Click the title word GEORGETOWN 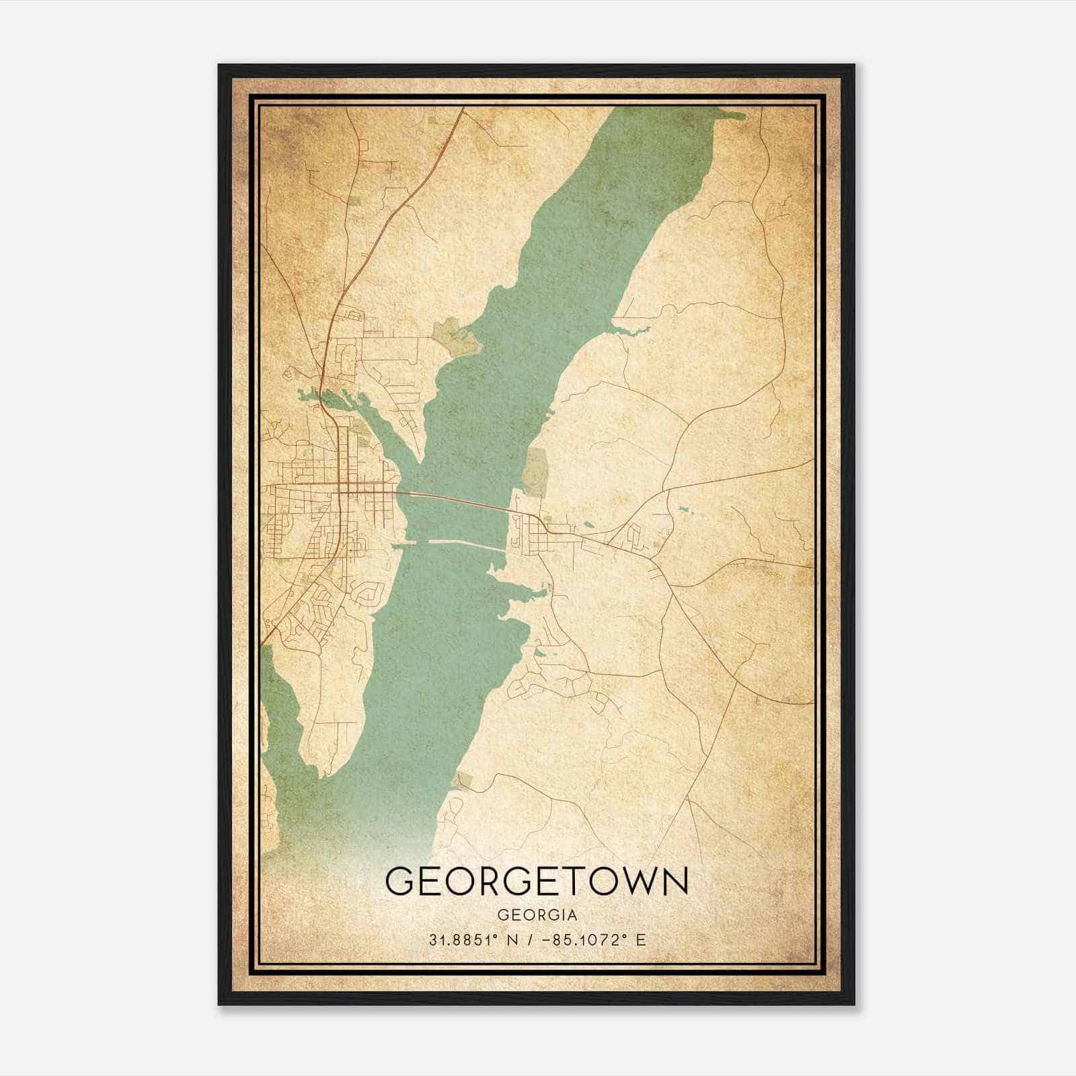(x=537, y=881)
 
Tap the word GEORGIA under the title (x=537, y=915)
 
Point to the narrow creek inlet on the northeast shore (x=629, y=330)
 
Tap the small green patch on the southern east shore (x=463, y=781)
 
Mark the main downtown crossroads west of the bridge (x=343, y=488)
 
